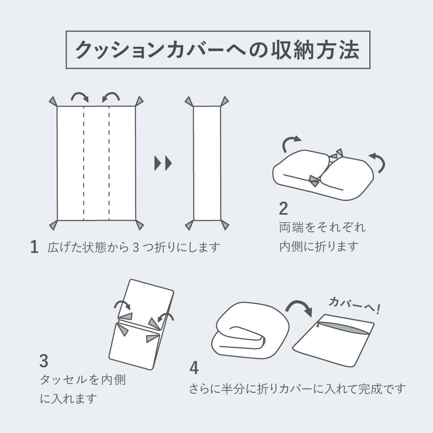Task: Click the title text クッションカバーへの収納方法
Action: click(218, 50)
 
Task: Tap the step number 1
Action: click(35, 247)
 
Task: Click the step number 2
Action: click(283, 209)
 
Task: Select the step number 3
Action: click(44, 361)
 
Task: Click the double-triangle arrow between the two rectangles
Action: click(163, 163)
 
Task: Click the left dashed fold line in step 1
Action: click(84, 163)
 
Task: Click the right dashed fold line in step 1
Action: click(109, 163)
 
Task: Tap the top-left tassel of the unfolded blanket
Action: click(52, 102)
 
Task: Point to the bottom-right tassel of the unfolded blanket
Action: click(139, 225)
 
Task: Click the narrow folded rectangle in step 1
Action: click(207, 163)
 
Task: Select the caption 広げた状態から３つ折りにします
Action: click(134, 247)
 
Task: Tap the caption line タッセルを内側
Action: click(83, 380)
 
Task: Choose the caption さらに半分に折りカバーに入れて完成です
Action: click(297, 388)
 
